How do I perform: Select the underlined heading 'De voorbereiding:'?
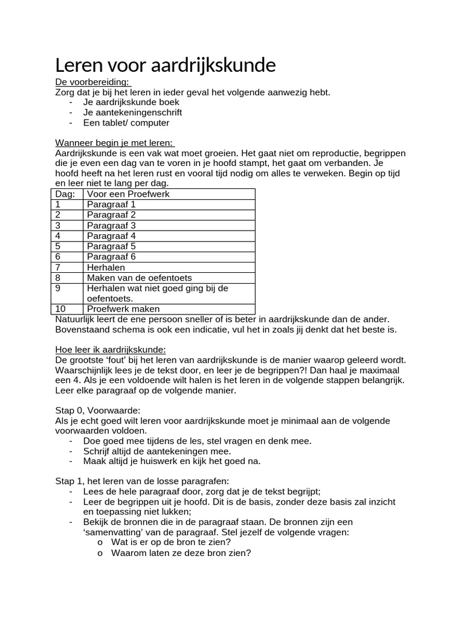(92, 82)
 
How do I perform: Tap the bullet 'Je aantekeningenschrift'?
(132, 112)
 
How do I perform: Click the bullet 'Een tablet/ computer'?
(126, 123)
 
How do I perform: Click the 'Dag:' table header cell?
(65, 194)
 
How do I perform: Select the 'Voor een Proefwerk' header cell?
(127, 194)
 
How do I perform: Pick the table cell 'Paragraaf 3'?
(111, 225)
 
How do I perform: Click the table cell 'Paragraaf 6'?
(111, 256)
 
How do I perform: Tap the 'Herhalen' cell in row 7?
(106, 267)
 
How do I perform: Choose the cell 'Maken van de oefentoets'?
(139, 278)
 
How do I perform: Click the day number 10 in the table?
(60, 308)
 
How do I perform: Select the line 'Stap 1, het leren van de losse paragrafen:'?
(142, 481)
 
